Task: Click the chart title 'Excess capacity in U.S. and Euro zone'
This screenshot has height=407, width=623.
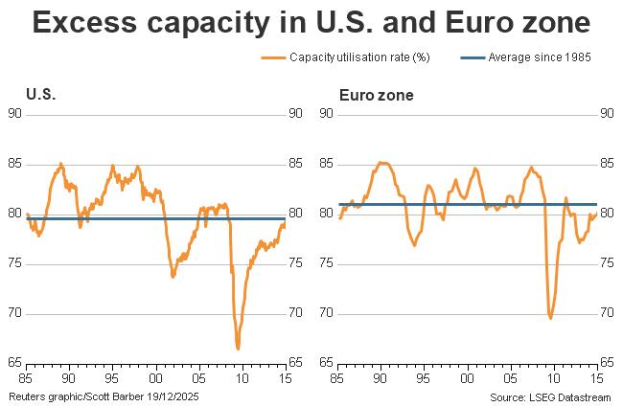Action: click(x=311, y=24)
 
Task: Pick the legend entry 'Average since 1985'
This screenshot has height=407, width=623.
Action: click(x=540, y=57)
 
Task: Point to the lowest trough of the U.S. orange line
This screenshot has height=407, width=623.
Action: click(x=238, y=349)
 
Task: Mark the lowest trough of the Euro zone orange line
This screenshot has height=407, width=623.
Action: click(x=550, y=317)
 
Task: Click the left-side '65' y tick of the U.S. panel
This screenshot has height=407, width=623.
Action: click(x=14, y=363)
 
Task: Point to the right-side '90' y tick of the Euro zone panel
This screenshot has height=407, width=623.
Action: click(x=606, y=113)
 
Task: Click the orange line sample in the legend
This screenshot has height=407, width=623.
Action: click(x=273, y=57)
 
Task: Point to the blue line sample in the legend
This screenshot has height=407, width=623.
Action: click(x=470, y=57)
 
